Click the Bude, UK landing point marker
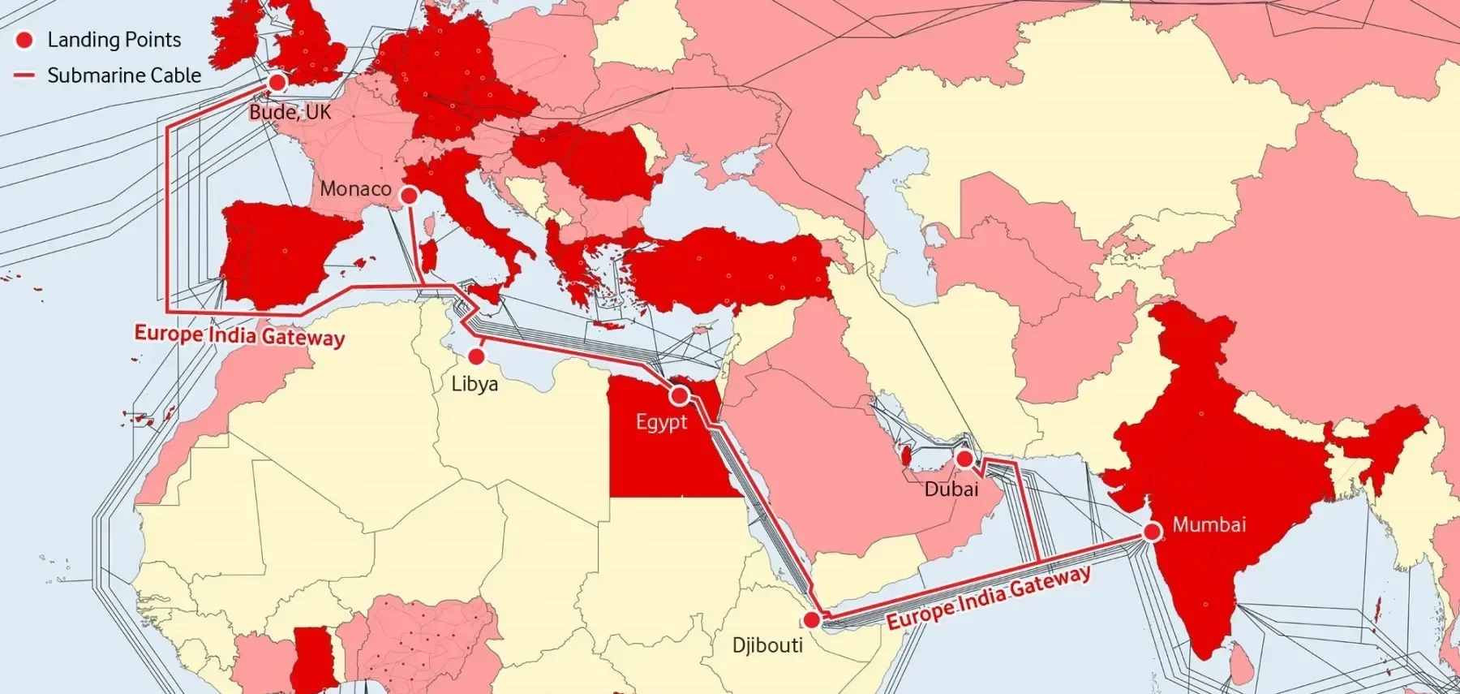tap(277, 82)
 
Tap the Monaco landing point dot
tap(410, 196)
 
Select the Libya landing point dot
tap(477, 356)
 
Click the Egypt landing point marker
tap(680, 395)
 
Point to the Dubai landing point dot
tap(964, 459)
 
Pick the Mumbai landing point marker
tap(1152, 532)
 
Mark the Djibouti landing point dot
tap(811, 621)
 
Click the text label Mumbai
tap(1209, 525)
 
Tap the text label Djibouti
tap(767, 645)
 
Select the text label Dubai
tap(951, 489)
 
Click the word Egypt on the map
tap(661, 422)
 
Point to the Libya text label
tap(474, 384)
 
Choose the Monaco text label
tap(355, 189)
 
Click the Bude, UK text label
tap(290, 112)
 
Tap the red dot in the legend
tap(25, 40)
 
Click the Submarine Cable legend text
tap(124, 75)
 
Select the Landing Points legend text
tap(114, 40)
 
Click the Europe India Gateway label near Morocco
tap(239, 335)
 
